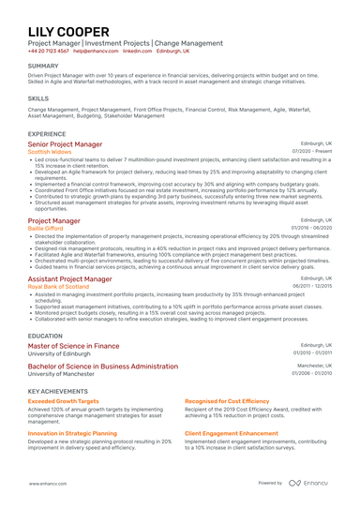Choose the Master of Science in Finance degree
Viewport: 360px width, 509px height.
(74, 345)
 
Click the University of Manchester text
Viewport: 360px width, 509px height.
(61, 373)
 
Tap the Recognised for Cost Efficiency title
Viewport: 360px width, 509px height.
(226, 400)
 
